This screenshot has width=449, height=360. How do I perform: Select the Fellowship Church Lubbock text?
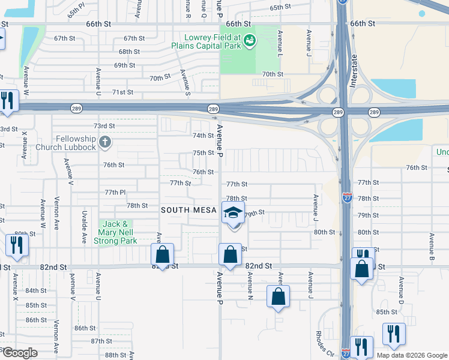coord(65,143)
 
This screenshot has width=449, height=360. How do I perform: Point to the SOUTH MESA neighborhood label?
coord(187,210)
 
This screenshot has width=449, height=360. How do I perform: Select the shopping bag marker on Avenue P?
coord(230,254)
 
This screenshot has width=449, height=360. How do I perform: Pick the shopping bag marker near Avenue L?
coord(278,296)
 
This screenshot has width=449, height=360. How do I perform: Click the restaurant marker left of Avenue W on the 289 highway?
coord(7,101)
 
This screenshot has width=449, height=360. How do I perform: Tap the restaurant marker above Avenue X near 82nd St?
coord(16,245)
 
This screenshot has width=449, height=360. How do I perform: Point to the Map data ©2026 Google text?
coord(412,355)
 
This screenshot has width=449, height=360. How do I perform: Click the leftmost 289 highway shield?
coord(79,109)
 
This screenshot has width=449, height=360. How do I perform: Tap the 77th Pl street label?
coord(114,192)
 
